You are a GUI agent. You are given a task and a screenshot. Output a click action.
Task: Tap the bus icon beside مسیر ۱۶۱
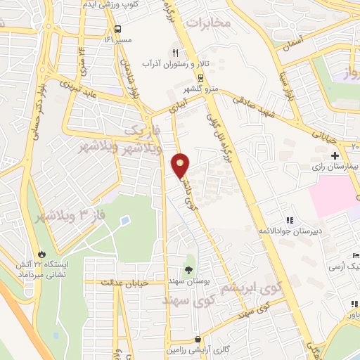pos(117,30)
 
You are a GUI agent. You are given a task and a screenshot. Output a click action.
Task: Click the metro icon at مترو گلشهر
pos(201,77)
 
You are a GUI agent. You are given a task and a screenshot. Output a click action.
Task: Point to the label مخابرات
pos(212,22)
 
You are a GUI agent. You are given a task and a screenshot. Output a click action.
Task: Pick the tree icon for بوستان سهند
pos(188,269)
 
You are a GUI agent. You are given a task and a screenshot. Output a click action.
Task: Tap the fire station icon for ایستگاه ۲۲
pos(42,253)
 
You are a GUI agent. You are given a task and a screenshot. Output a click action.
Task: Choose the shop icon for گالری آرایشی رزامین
pos(200,338)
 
